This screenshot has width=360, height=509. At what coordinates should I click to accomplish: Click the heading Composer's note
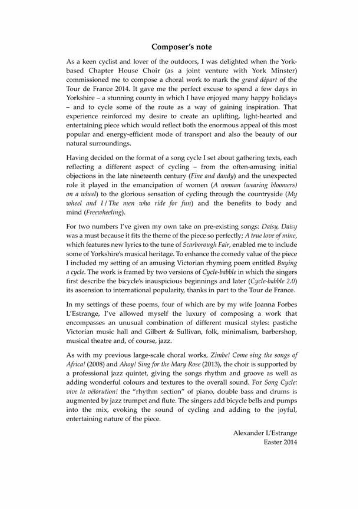tap(181, 46)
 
